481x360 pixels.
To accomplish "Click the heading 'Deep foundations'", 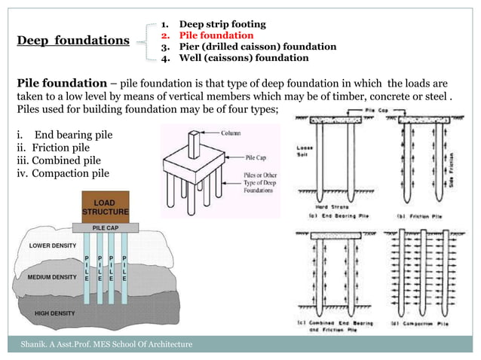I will [x=72, y=40].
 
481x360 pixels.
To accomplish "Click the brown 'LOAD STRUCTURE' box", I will [x=104, y=207].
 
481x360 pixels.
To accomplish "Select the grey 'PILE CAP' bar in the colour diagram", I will [x=104, y=226].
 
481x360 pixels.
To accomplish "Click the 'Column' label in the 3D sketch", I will [x=232, y=133].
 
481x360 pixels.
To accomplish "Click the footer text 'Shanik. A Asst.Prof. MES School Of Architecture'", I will [x=106, y=344].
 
